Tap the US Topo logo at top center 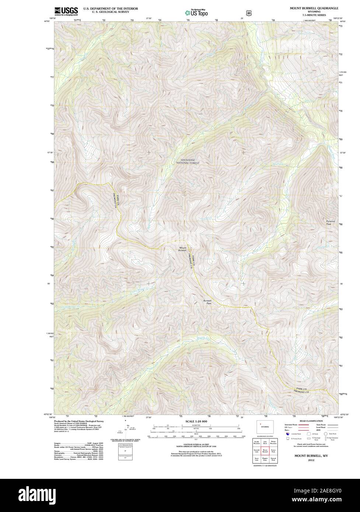[x=196, y=13]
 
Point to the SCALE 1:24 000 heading [x=196, y=421]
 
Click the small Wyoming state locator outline [x=265, y=426]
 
